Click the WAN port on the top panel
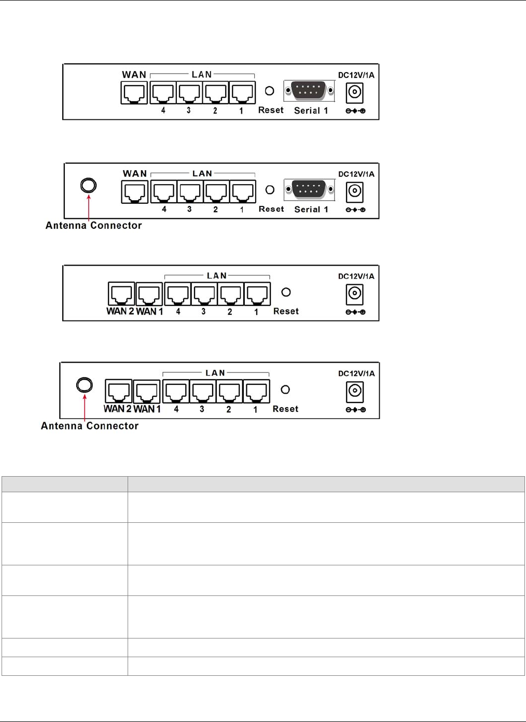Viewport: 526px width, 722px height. click(x=134, y=93)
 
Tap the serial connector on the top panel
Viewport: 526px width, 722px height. click(x=309, y=91)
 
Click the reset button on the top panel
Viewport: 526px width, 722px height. click(x=269, y=91)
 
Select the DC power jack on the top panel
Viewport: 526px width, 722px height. click(x=355, y=93)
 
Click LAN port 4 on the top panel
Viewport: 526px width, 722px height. click(x=163, y=93)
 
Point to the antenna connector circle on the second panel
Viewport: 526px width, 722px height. click(x=89, y=185)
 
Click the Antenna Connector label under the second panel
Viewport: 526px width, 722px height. click(x=93, y=226)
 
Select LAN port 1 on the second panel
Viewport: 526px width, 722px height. click(x=243, y=192)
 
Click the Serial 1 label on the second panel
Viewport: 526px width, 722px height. click(x=311, y=210)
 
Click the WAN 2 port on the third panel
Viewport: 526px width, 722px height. click(x=121, y=294)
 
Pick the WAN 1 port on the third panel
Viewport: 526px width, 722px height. click(x=149, y=294)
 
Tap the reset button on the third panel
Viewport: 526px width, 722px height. click(x=286, y=292)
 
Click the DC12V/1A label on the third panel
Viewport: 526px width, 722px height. click(x=356, y=276)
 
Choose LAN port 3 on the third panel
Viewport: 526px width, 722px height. click(x=204, y=294)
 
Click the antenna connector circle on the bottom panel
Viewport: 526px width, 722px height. click(x=85, y=385)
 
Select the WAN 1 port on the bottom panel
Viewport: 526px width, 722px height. click(x=147, y=392)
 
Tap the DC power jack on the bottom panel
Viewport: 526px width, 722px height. click(x=355, y=392)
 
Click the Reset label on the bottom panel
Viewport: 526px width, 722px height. click(x=285, y=409)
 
